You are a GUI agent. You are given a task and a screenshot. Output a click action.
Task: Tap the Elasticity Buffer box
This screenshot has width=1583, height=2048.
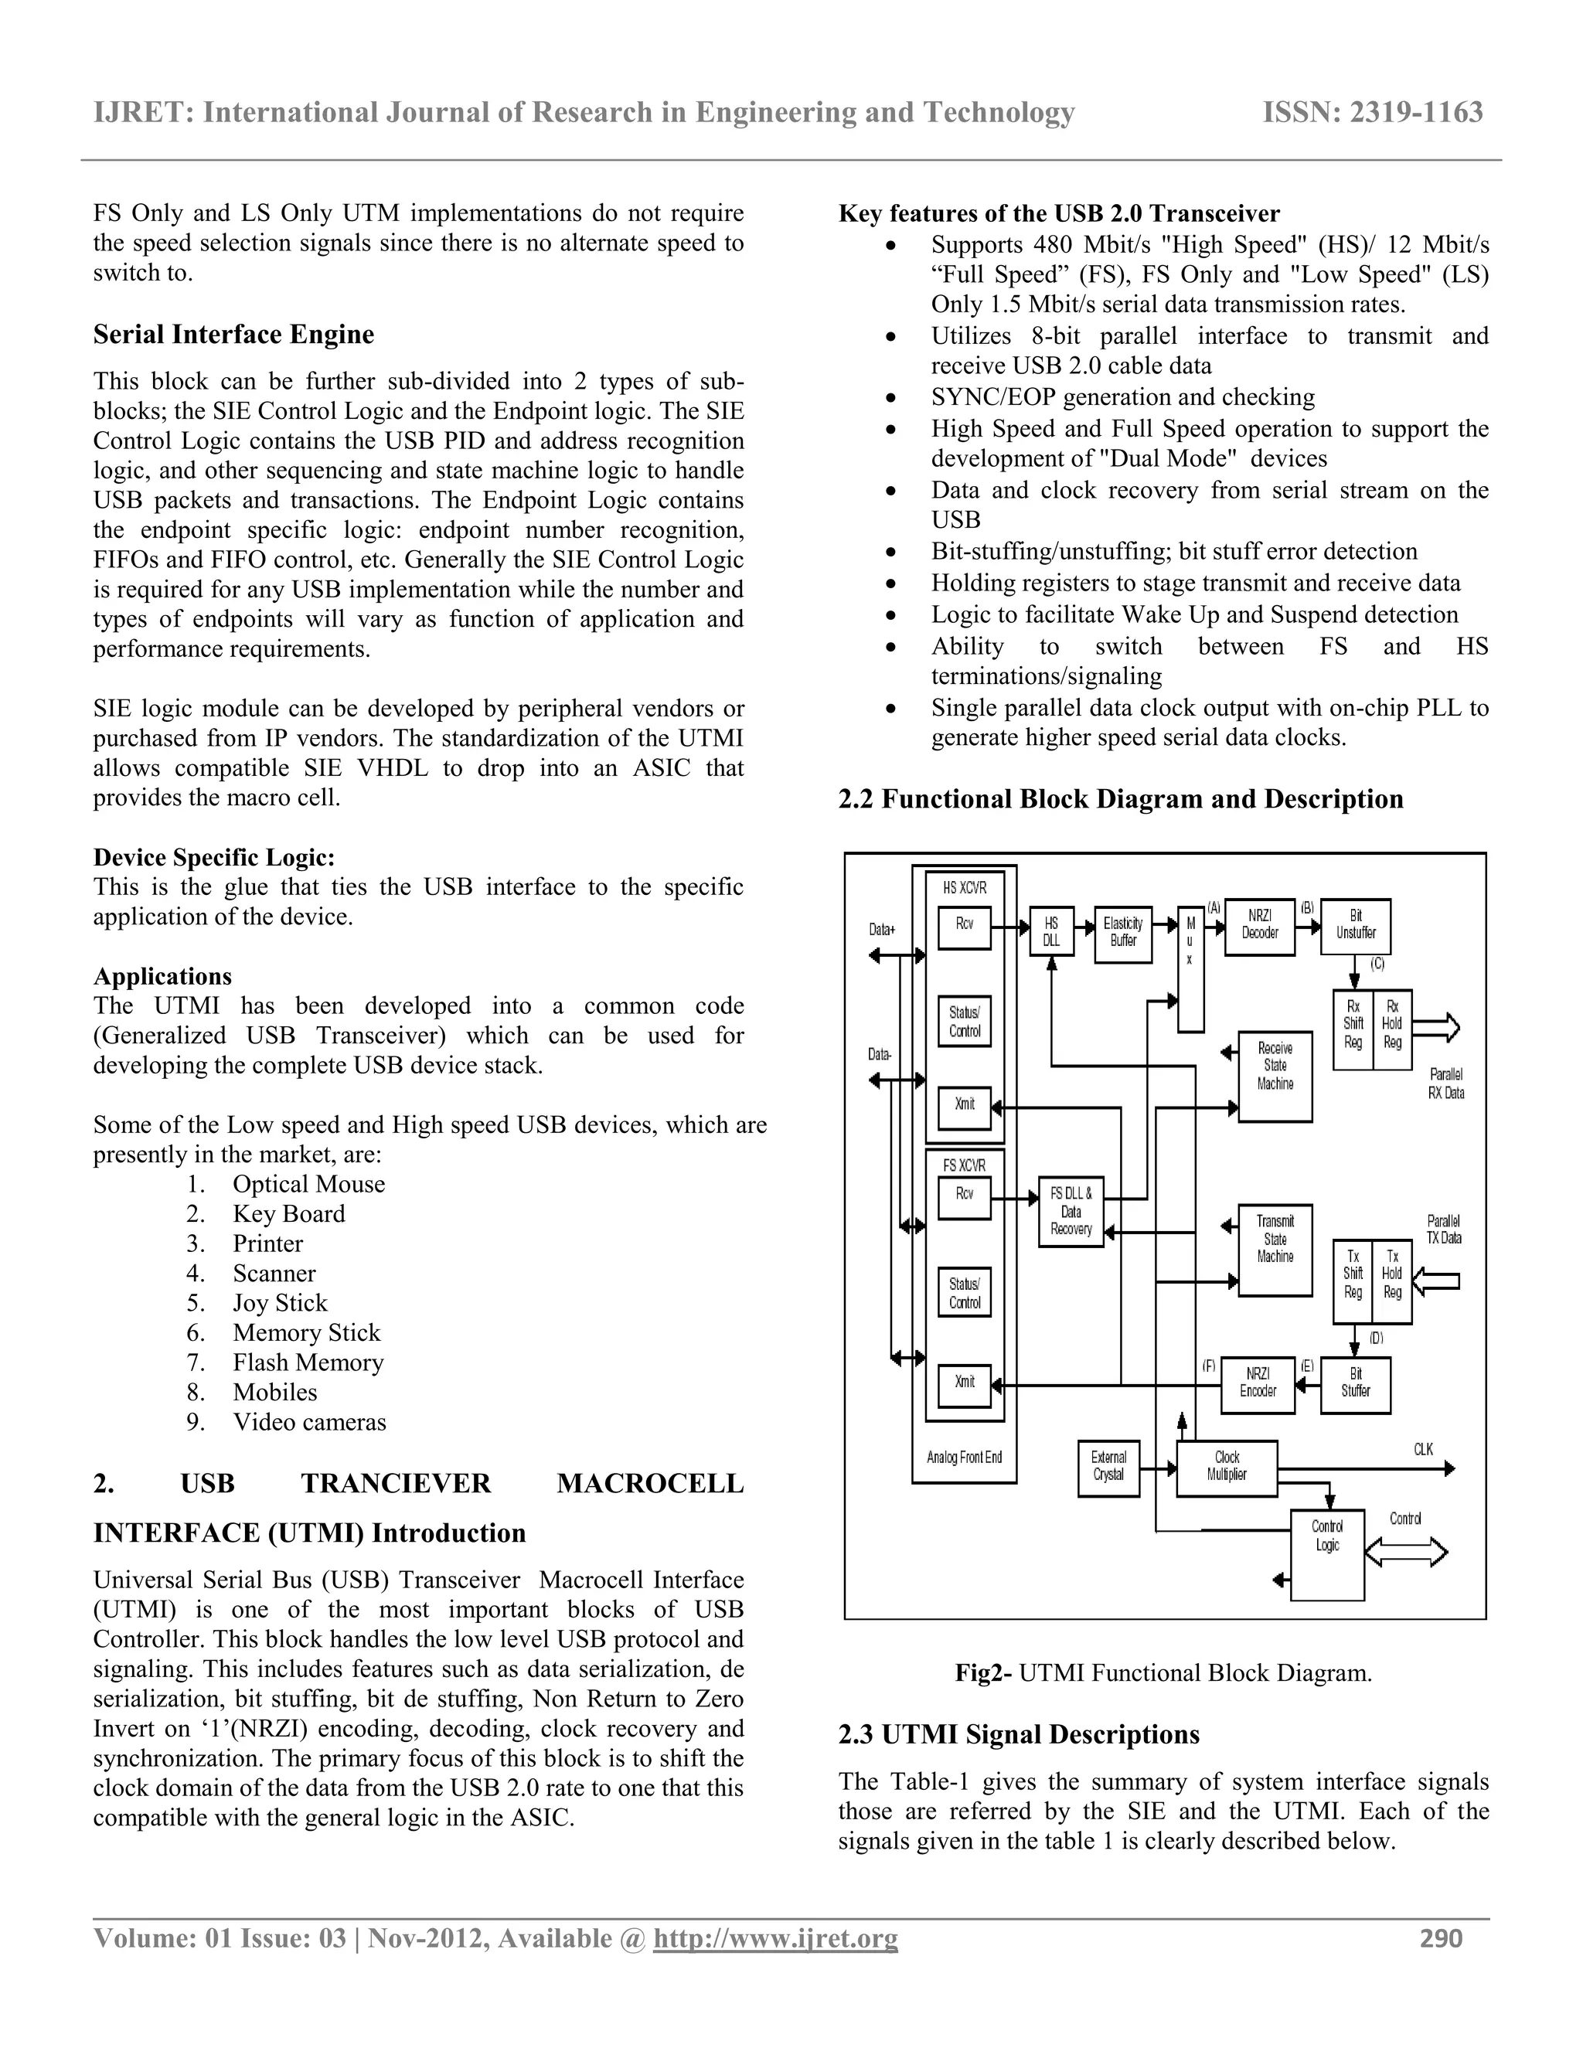[x=1123, y=933]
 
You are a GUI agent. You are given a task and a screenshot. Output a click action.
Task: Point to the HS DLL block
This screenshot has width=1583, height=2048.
[x=1051, y=931]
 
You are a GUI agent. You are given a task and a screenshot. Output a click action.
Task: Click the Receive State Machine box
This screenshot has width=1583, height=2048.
[x=1275, y=1075]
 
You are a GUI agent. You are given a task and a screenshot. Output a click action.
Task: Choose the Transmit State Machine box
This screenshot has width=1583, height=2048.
[x=1275, y=1249]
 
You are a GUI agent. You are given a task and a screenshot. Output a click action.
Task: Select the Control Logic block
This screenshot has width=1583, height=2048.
[x=1327, y=1553]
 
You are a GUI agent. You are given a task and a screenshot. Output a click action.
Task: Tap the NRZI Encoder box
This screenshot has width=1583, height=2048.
[x=1258, y=1385]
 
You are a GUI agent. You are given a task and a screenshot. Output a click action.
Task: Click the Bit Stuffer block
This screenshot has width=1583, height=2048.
[x=1355, y=1385]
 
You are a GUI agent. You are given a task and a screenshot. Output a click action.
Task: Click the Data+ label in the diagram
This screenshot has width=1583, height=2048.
[x=881, y=929]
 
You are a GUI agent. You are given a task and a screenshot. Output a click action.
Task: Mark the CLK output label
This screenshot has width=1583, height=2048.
[x=1423, y=1450]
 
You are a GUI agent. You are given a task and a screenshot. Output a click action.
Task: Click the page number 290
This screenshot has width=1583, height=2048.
[x=1441, y=1938]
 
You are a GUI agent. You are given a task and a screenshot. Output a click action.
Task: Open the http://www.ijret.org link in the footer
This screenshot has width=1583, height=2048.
[x=774, y=1938]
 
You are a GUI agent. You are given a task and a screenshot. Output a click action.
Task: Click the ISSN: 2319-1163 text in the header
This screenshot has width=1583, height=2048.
[x=1372, y=113]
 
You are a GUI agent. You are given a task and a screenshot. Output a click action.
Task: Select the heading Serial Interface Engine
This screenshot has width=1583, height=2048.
[x=233, y=335]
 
